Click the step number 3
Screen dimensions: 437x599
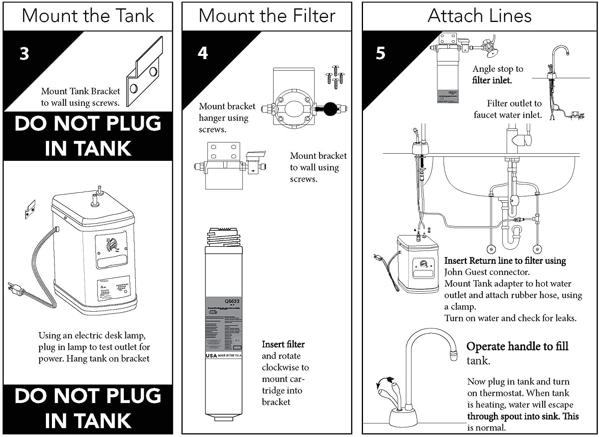[24, 53]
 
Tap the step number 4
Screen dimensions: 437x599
[203, 53]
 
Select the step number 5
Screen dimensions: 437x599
[381, 53]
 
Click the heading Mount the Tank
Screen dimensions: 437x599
[88, 16]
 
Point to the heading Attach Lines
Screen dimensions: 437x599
[479, 16]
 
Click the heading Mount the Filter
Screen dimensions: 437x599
[267, 16]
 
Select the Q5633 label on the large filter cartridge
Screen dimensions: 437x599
[232, 301]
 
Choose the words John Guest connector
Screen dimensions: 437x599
[487, 272]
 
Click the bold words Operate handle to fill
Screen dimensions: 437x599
[517, 346]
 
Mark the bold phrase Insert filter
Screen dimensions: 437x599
[283, 344]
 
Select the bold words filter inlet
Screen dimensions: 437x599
[492, 80]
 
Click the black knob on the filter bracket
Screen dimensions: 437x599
[330, 109]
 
